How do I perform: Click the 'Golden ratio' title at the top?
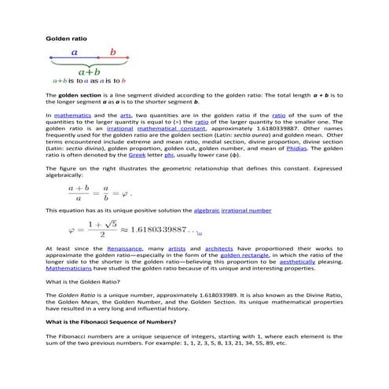point(67,38)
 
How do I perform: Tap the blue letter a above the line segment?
point(74,53)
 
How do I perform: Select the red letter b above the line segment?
point(112,53)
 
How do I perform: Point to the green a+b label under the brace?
point(88,70)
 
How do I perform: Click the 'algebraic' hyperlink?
point(202,211)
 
